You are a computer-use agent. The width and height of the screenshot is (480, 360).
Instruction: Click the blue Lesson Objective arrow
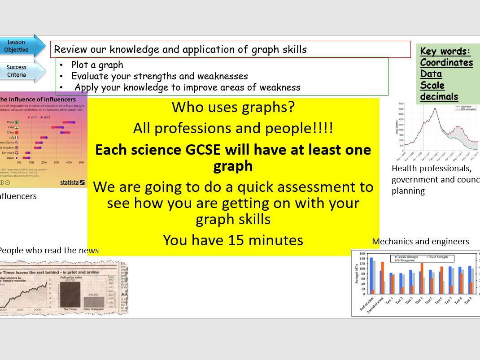click(20, 46)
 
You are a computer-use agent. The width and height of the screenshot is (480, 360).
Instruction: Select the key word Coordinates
click(446, 62)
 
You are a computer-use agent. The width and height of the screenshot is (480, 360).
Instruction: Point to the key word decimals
click(439, 96)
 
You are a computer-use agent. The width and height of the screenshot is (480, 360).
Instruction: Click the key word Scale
click(432, 85)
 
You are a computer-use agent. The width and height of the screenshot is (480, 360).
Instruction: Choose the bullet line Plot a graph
click(97, 65)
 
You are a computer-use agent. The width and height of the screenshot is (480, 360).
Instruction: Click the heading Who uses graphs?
click(233, 107)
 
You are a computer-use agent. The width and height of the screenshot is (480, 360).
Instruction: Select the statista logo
click(72, 182)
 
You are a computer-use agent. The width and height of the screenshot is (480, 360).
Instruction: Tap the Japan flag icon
click(17, 158)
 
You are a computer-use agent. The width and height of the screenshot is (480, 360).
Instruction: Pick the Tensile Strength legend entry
click(406, 257)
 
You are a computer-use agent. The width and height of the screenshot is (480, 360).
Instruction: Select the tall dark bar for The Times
click(70, 294)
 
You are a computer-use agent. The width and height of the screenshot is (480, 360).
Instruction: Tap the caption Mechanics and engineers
click(420, 242)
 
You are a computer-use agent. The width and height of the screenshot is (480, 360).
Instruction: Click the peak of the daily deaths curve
click(434, 108)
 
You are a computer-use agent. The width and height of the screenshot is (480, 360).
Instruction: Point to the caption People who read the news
click(48, 250)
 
